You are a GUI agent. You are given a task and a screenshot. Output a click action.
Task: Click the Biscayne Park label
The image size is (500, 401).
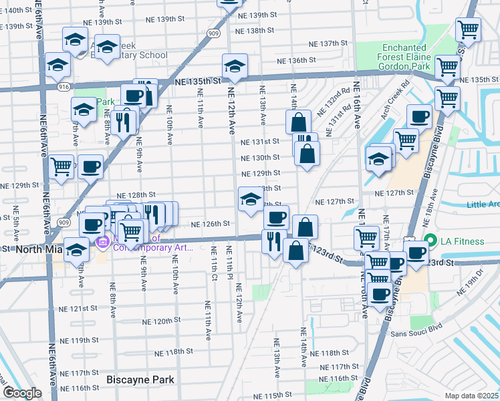click(x=140, y=380)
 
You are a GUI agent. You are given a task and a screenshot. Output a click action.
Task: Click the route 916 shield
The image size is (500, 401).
click(x=45, y=87)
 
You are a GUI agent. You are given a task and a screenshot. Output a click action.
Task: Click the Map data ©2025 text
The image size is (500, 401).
click(x=472, y=395)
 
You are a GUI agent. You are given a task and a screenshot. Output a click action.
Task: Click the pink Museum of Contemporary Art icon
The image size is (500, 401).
click(x=103, y=242)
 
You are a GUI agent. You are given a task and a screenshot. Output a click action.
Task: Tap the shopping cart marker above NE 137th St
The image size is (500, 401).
click(x=467, y=29)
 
